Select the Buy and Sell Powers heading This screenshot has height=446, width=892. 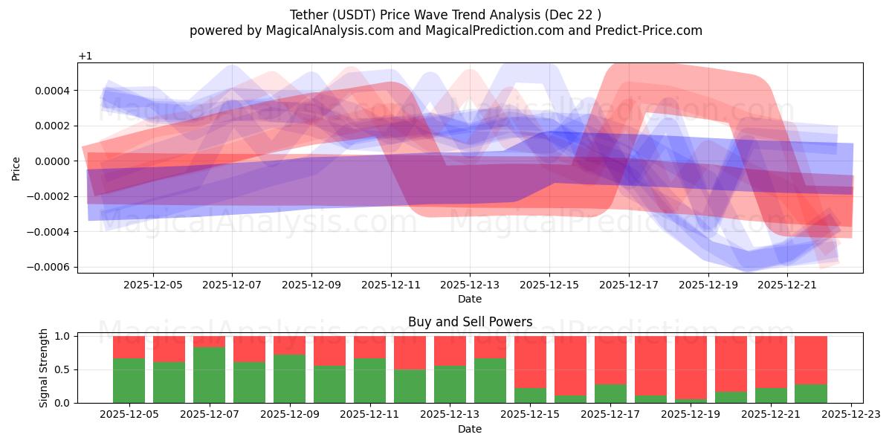point(470,322)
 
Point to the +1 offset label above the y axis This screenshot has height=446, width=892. point(85,56)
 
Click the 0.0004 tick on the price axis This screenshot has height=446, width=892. point(52,91)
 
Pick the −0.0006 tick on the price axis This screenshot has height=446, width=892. point(49,267)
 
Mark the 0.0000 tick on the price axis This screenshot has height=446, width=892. point(52,161)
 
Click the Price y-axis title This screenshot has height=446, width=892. point(16,168)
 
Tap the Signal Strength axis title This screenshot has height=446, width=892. point(44,367)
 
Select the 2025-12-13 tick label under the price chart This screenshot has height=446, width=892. point(470,284)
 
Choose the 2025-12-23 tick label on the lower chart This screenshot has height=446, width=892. point(851,415)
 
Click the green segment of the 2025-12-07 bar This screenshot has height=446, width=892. point(209,375)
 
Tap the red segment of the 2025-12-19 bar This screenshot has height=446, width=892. point(691,367)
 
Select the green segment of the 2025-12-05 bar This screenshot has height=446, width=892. point(129,381)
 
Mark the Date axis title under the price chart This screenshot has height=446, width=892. point(470,299)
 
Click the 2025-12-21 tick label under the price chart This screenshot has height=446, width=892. point(787,284)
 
